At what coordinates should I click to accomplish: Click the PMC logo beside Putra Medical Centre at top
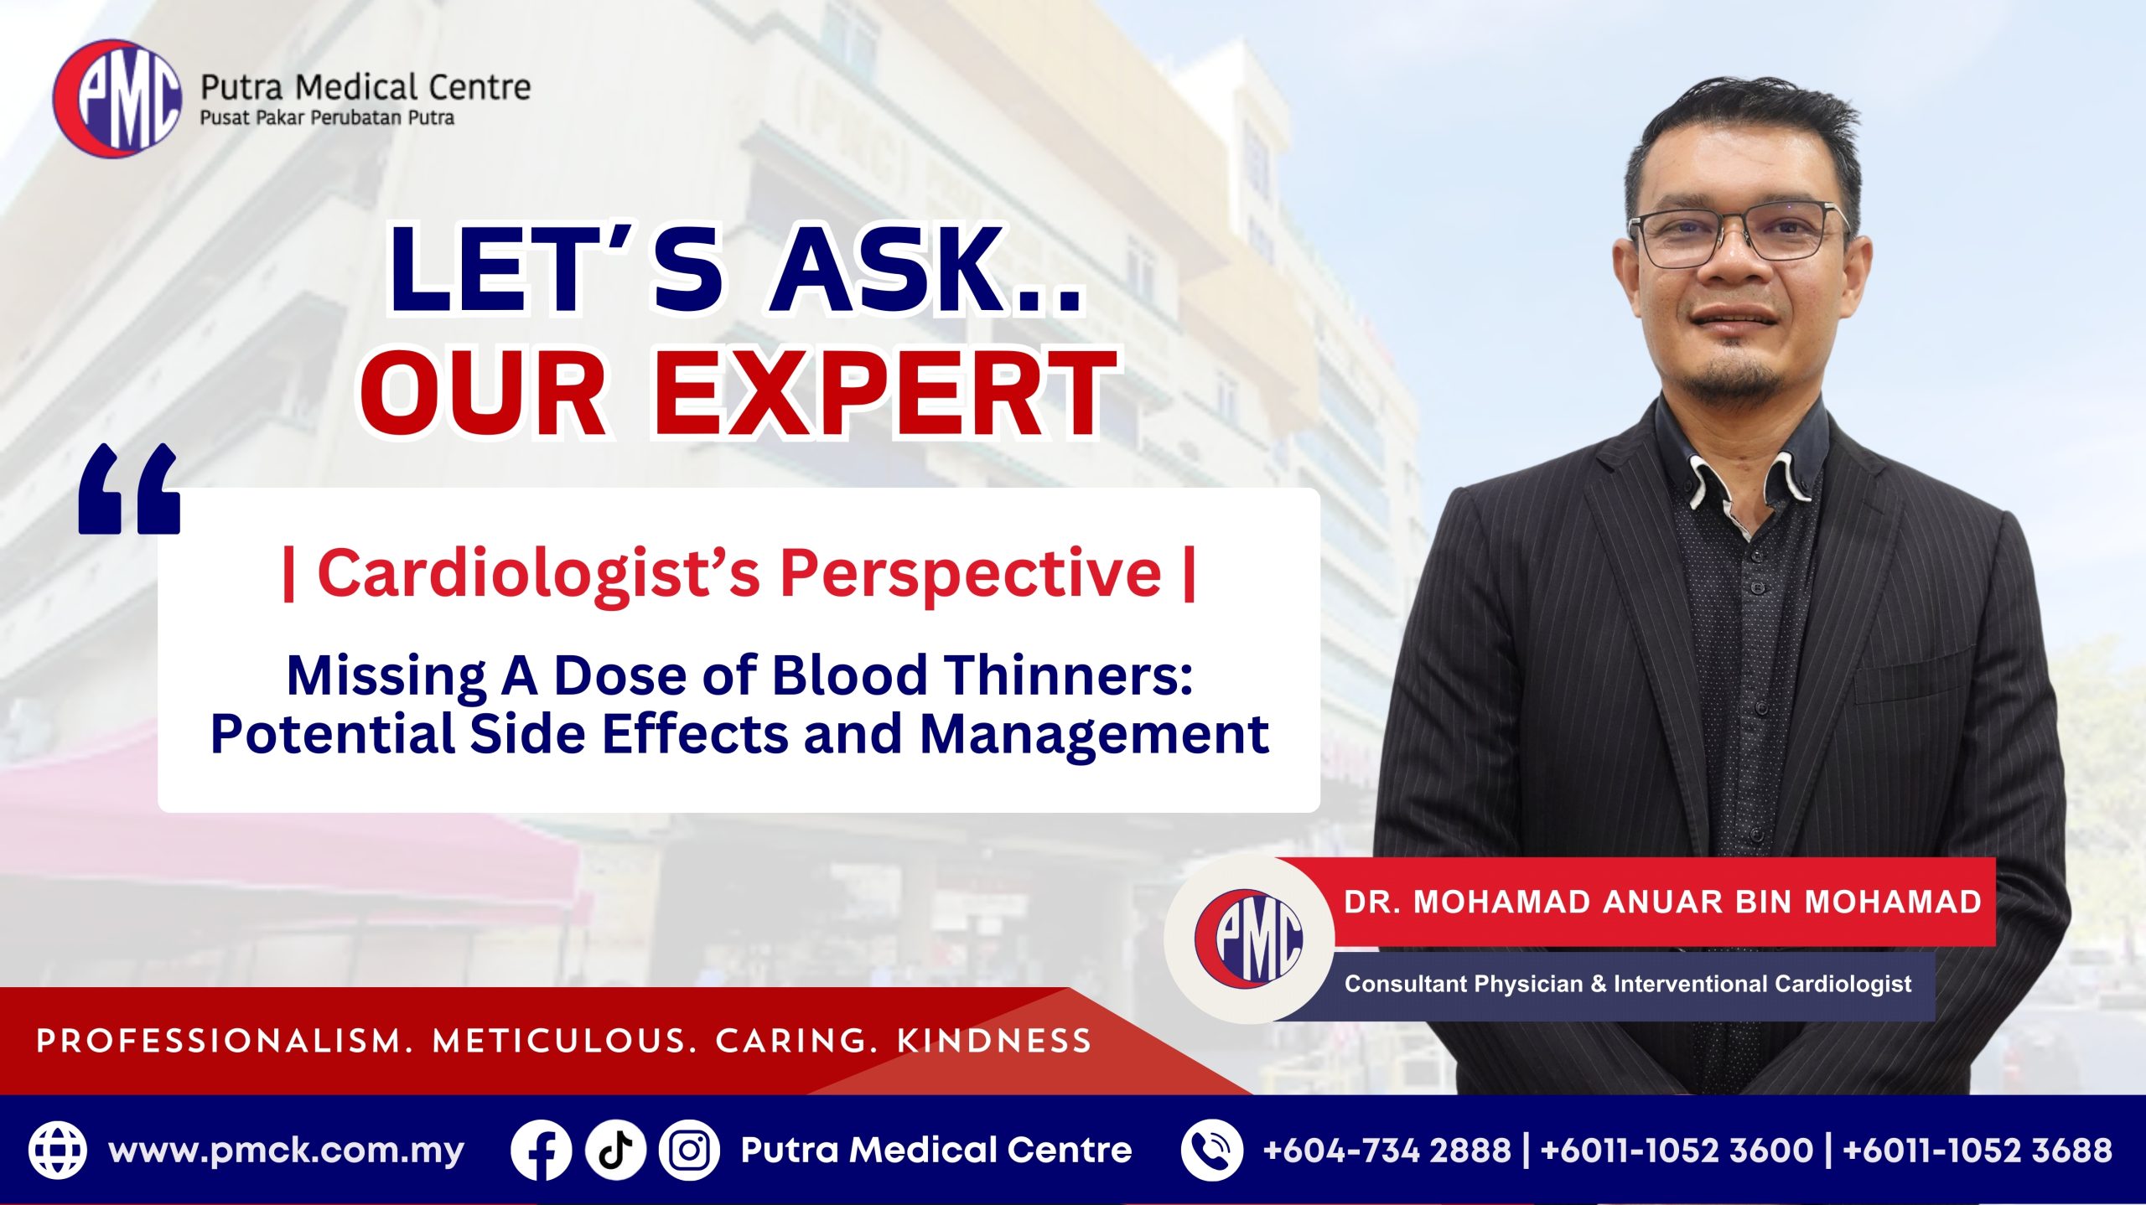click(117, 98)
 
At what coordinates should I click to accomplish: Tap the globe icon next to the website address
click(57, 1151)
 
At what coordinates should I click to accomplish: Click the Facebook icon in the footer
click(541, 1151)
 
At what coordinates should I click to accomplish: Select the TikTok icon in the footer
click(615, 1151)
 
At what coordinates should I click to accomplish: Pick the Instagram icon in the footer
click(689, 1151)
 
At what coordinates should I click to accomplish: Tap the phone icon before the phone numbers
click(1211, 1151)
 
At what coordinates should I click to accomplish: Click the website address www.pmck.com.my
click(286, 1151)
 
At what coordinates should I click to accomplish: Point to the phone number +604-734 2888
click(1387, 1150)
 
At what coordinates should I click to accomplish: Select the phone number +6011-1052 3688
click(1977, 1150)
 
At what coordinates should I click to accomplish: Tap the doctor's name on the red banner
click(1662, 902)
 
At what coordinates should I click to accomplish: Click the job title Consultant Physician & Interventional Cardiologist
click(1628, 983)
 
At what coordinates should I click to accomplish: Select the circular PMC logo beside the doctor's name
click(1249, 939)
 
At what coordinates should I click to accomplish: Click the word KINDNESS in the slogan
click(994, 1041)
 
